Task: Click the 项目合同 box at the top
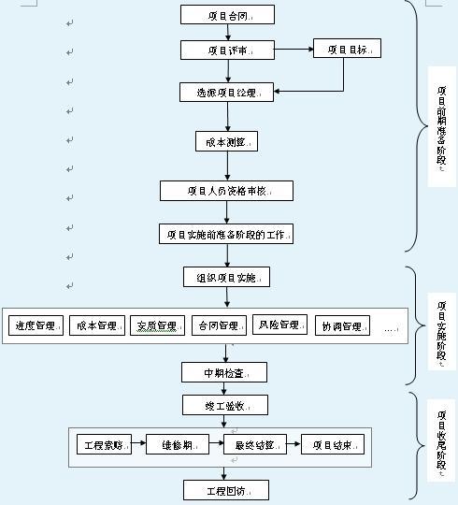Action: [228, 15]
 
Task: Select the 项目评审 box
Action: [228, 50]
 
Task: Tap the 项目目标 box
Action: [347, 50]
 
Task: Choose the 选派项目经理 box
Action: [228, 92]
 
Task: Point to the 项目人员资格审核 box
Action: [227, 191]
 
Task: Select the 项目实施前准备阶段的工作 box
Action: [227, 234]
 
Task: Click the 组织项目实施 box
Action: [227, 278]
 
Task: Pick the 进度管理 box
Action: [36, 325]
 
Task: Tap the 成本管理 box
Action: [96, 325]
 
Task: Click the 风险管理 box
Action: [279, 325]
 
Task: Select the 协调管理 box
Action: [342, 325]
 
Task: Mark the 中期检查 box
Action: [223, 372]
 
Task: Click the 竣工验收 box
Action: [224, 405]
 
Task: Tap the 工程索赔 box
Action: [106, 444]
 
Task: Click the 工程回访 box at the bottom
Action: [224, 489]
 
